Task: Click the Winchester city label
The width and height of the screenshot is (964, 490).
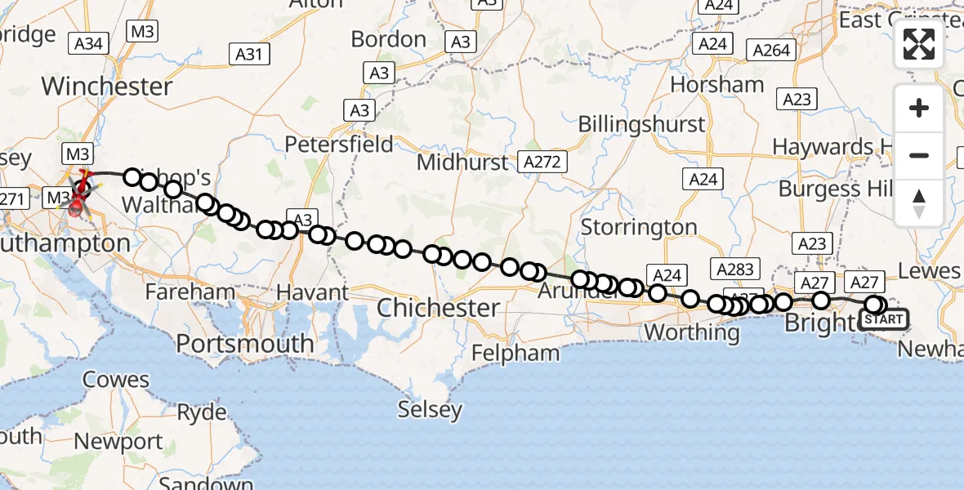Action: pos(107,86)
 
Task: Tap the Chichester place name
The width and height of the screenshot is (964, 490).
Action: pos(439,308)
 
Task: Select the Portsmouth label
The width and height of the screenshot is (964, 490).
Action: pos(245,344)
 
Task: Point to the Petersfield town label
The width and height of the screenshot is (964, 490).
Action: pos(339,145)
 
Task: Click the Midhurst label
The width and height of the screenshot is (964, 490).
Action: pos(462,162)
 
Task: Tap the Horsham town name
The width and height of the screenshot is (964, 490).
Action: pos(717,84)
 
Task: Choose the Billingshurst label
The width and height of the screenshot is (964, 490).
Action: pos(641,124)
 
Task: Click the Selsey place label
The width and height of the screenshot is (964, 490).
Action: pos(430,409)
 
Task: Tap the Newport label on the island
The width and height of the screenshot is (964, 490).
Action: pos(119,442)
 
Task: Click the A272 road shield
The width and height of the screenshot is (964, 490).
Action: pos(542,162)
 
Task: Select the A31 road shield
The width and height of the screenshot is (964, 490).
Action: pos(249,54)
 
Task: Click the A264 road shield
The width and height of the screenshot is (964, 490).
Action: pos(772,50)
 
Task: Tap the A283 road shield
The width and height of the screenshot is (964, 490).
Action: pos(732,268)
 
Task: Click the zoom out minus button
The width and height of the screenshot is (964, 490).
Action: pos(919,155)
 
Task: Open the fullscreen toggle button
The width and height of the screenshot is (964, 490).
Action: pos(919,44)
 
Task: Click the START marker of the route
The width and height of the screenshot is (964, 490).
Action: pos(884,319)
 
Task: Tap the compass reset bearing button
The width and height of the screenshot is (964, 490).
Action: pos(919,203)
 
